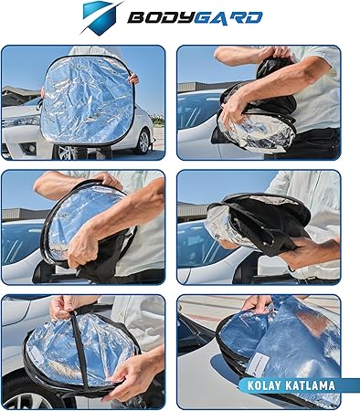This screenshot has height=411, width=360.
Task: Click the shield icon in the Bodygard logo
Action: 100,17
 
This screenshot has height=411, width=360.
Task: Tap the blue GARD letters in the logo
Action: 228,18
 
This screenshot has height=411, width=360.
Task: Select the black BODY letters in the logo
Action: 162,18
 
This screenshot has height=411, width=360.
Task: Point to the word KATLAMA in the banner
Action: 310,385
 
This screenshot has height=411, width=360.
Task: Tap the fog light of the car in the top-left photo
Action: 30,148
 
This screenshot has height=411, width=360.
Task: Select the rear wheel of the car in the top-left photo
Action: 142,141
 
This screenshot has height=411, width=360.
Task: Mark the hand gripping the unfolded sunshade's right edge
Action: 133,79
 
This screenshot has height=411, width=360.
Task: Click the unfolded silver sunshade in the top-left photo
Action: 87,100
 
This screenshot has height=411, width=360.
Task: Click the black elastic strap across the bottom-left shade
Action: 79,350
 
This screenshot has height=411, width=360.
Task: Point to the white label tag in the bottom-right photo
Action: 258,363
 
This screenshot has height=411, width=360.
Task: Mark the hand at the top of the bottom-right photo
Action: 258,303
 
